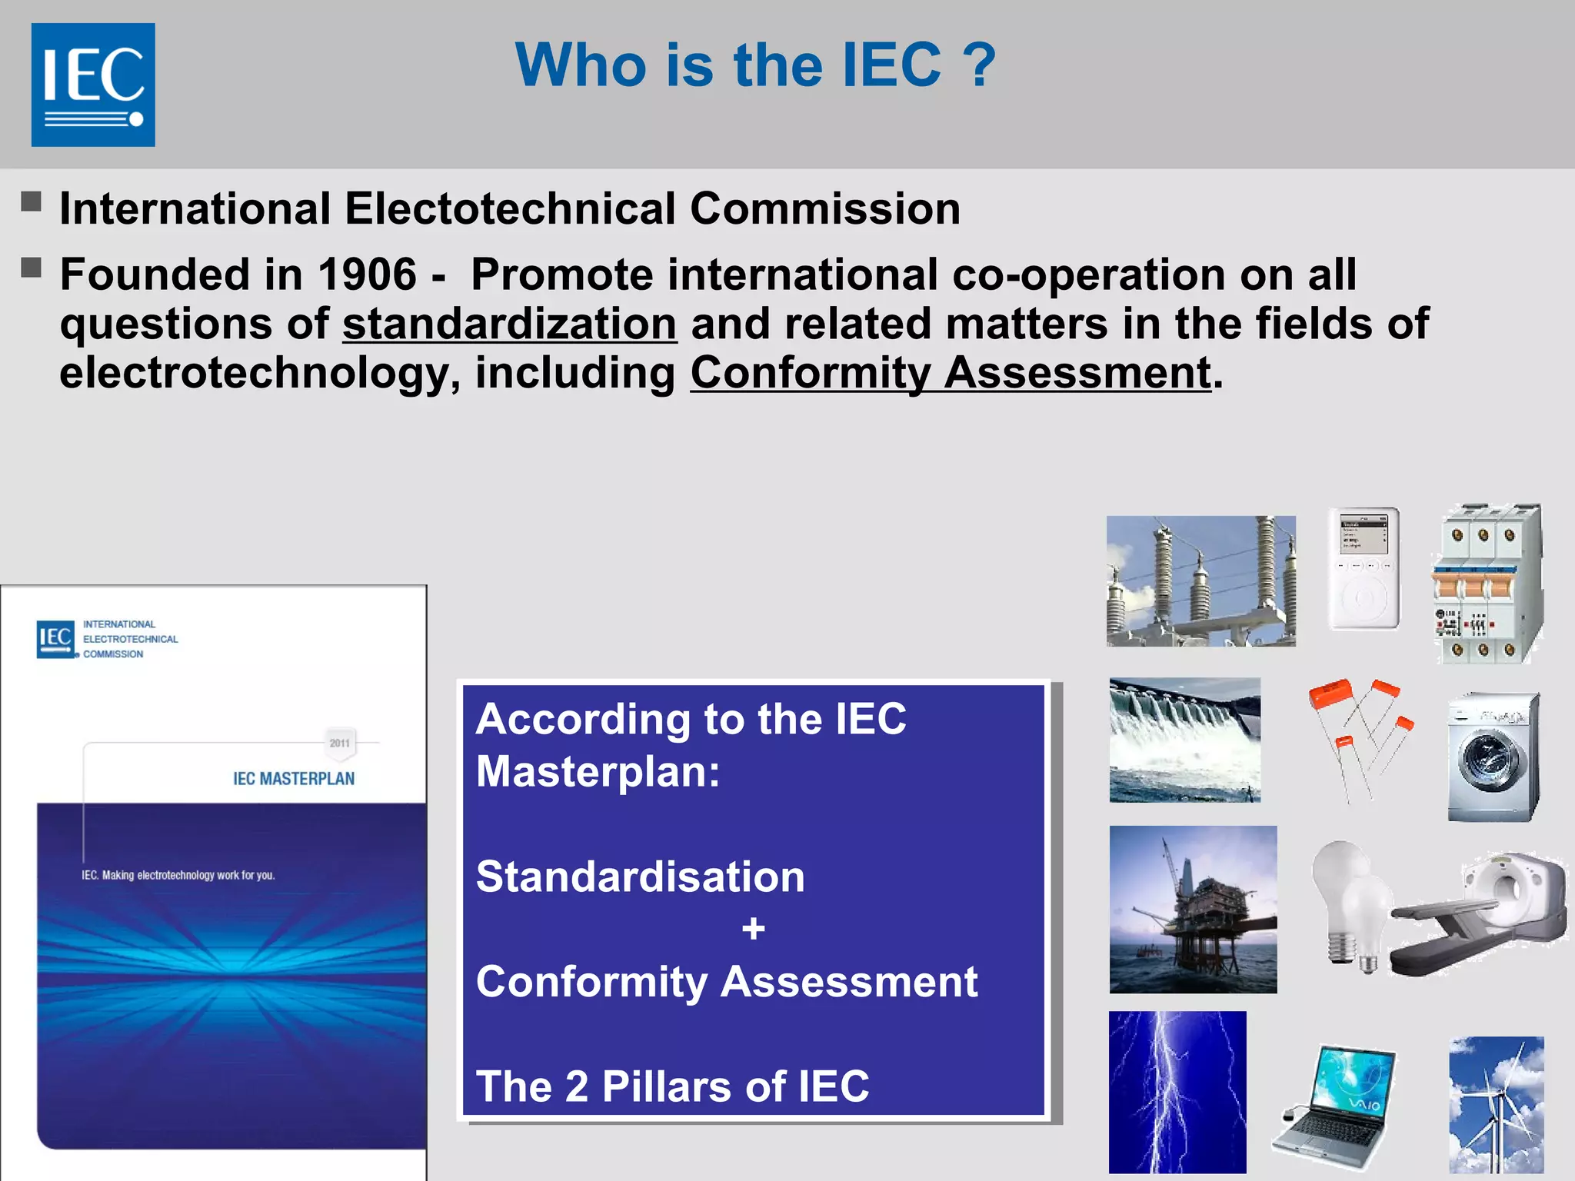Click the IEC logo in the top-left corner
(93, 85)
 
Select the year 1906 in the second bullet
(367, 274)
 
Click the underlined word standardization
(509, 324)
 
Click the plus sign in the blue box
(753, 929)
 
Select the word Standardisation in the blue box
(640, 877)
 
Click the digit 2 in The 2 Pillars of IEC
(576, 1086)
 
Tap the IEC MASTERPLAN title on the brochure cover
(294, 779)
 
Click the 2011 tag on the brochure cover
(340, 743)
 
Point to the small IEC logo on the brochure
(56, 638)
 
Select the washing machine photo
(1493, 757)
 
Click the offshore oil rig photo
(1193, 910)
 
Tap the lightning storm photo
(1177, 1092)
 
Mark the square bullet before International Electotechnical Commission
(31, 202)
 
